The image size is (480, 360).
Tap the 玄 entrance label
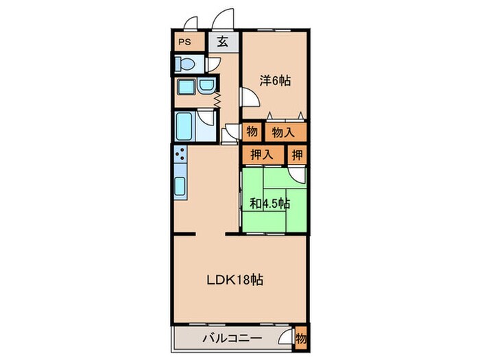224,42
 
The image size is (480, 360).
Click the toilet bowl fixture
182,64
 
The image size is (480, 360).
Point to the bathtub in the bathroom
184,127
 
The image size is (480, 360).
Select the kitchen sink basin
180,186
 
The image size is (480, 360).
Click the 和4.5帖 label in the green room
269,203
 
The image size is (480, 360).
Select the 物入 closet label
284,131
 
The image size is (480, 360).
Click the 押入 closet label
262,155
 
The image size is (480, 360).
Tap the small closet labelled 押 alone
297,155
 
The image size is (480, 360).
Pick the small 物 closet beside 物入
252,131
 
